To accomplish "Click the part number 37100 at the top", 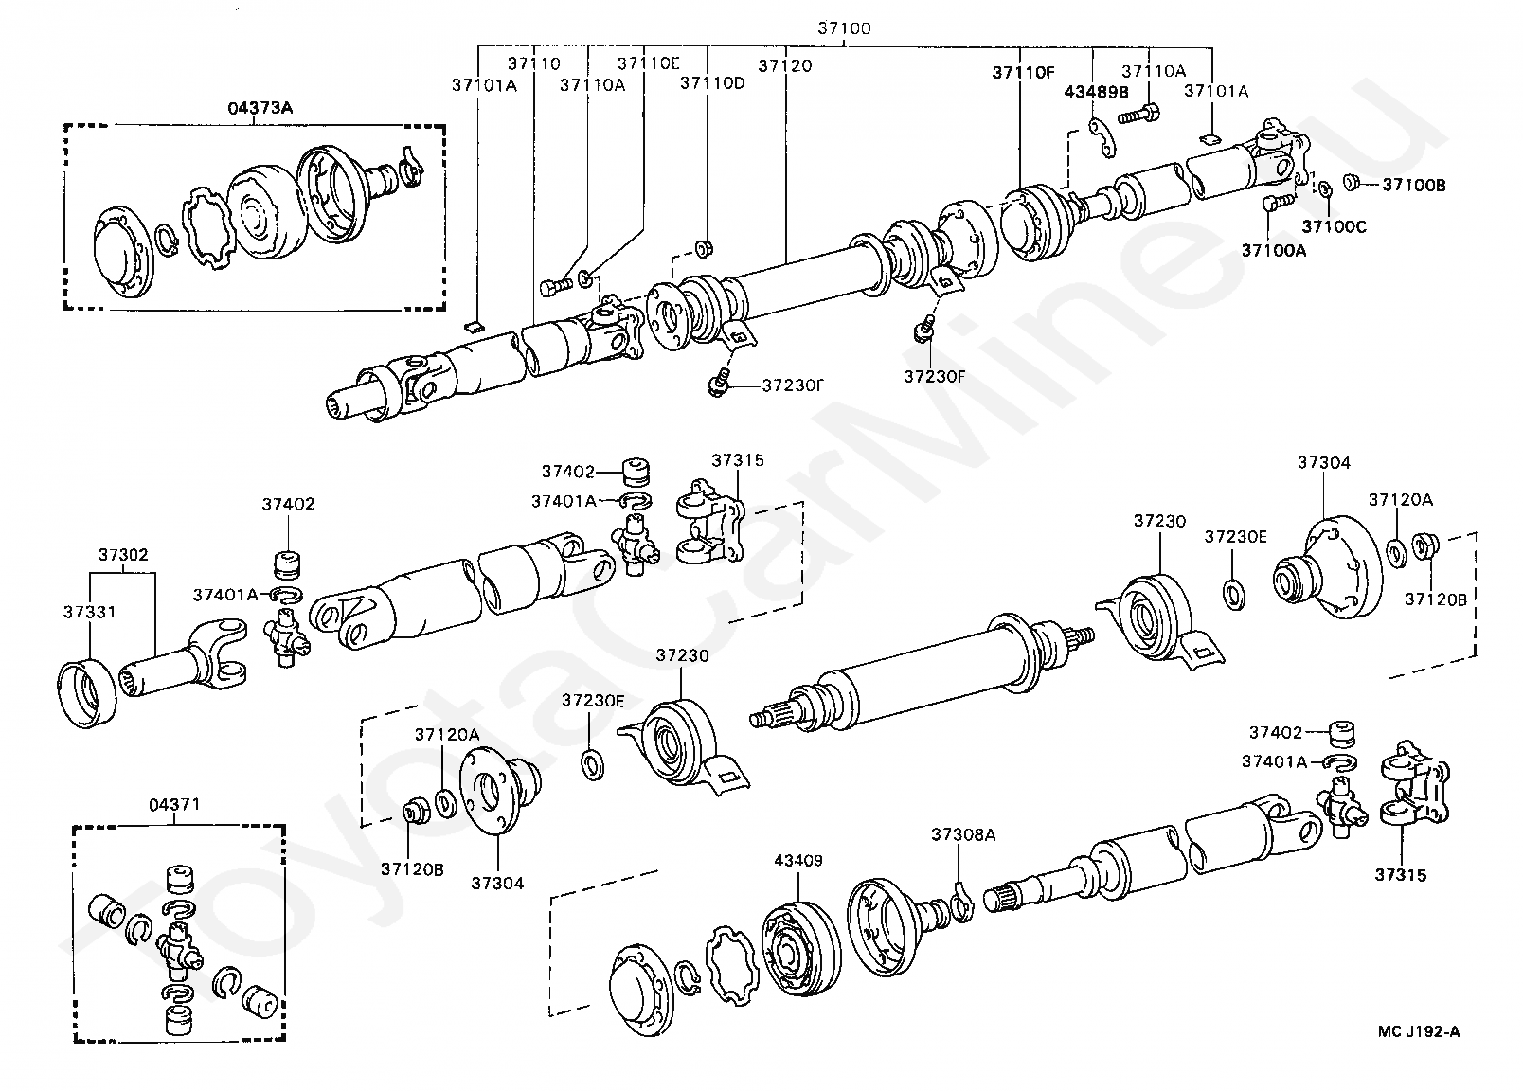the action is [844, 27].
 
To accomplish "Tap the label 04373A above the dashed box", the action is [260, 107].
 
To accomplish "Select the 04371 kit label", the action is [174, 804].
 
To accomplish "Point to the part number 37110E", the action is [648, 63].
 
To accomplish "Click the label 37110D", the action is [712, 83].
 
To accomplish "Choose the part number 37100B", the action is [1413, 185].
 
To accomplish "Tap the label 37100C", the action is [1334, 226].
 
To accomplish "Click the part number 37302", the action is [123, 554].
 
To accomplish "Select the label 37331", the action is [89, 612].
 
